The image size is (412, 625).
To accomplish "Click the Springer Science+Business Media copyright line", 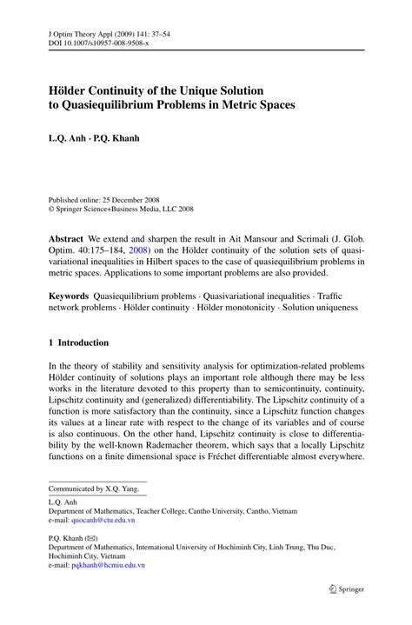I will click(121, 209).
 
